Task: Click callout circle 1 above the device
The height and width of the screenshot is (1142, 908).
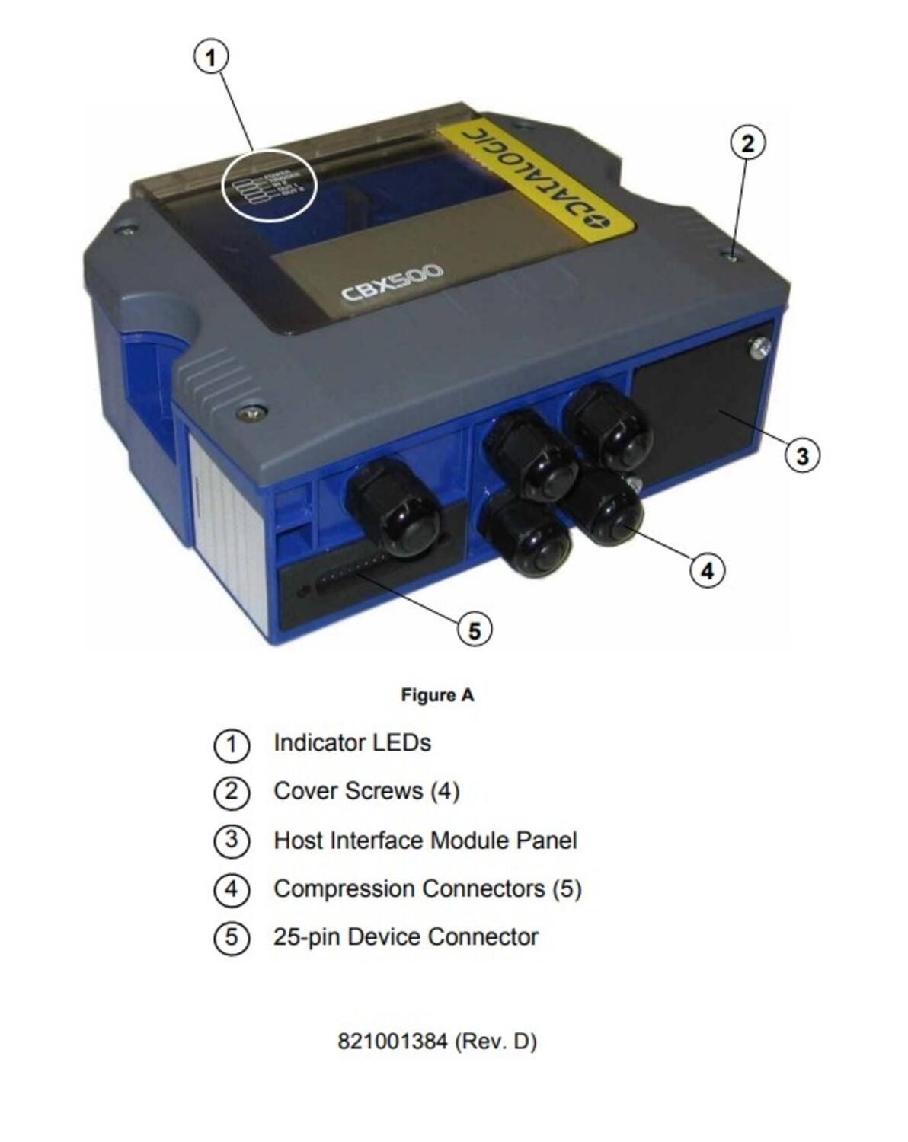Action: tap(212, 57)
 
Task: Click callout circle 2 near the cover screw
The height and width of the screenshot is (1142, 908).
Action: tap(747, 143)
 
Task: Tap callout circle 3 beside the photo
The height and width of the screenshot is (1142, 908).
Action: tap(802, 456)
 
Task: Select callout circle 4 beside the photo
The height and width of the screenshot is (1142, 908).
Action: tap(707, 570)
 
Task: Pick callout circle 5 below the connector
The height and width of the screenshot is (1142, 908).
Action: tap(475, 630)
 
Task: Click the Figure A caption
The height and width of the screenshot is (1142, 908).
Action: tap(437, 695)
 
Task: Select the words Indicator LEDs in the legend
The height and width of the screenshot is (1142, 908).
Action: tap(352, 743)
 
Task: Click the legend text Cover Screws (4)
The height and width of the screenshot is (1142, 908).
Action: tap(366, 792)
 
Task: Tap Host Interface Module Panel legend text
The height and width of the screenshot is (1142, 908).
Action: tap(425, 841)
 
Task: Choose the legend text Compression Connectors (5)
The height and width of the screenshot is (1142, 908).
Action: tap(427, 889)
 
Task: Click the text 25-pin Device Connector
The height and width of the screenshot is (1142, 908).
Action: tap(405, 937)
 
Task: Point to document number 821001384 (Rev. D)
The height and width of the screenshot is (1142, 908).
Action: tap(437, 1042)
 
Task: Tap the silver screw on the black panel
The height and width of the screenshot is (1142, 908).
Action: tap(759, 348)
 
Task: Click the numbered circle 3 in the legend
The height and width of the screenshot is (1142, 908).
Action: tap(232, 841)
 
